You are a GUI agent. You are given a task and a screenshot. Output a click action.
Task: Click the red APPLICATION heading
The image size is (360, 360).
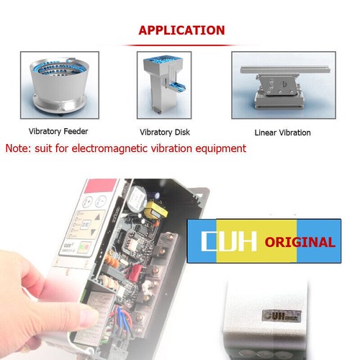click(x=181, y=30)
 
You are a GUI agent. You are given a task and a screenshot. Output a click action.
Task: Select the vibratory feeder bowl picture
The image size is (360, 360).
click(x=59, y=86)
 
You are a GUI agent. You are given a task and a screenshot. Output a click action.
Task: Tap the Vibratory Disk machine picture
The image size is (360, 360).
click(x=163, y=85)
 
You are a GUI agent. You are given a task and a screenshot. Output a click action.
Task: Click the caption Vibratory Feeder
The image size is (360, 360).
click(x=59, y=132)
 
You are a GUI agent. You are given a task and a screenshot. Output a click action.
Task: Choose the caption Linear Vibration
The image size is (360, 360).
click(x=282, y=132)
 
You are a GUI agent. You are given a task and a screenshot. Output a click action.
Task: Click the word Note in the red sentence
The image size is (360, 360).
click(x=19, y=148)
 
